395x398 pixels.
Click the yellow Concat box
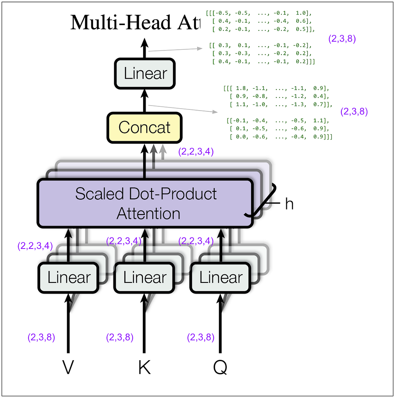tap(145, 128)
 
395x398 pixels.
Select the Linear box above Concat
tap(145, 73)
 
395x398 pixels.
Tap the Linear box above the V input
tap(69, 277)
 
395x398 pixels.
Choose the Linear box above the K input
tap(145, 277)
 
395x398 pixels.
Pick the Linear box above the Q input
tap(221, 277)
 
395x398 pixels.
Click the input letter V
tap(68, 368)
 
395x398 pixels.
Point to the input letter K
tap(145, 368)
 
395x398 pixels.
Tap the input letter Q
tap(220, 368)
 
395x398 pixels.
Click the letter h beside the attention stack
tap(289, 204)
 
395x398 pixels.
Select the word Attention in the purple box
tap(149, 213)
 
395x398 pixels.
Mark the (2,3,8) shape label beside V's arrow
tap(41, 338)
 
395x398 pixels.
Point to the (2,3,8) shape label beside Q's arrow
tap(201, 338)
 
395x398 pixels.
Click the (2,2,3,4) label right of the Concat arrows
tap(196, 152)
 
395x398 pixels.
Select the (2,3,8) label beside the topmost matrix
tap(342, 39)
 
